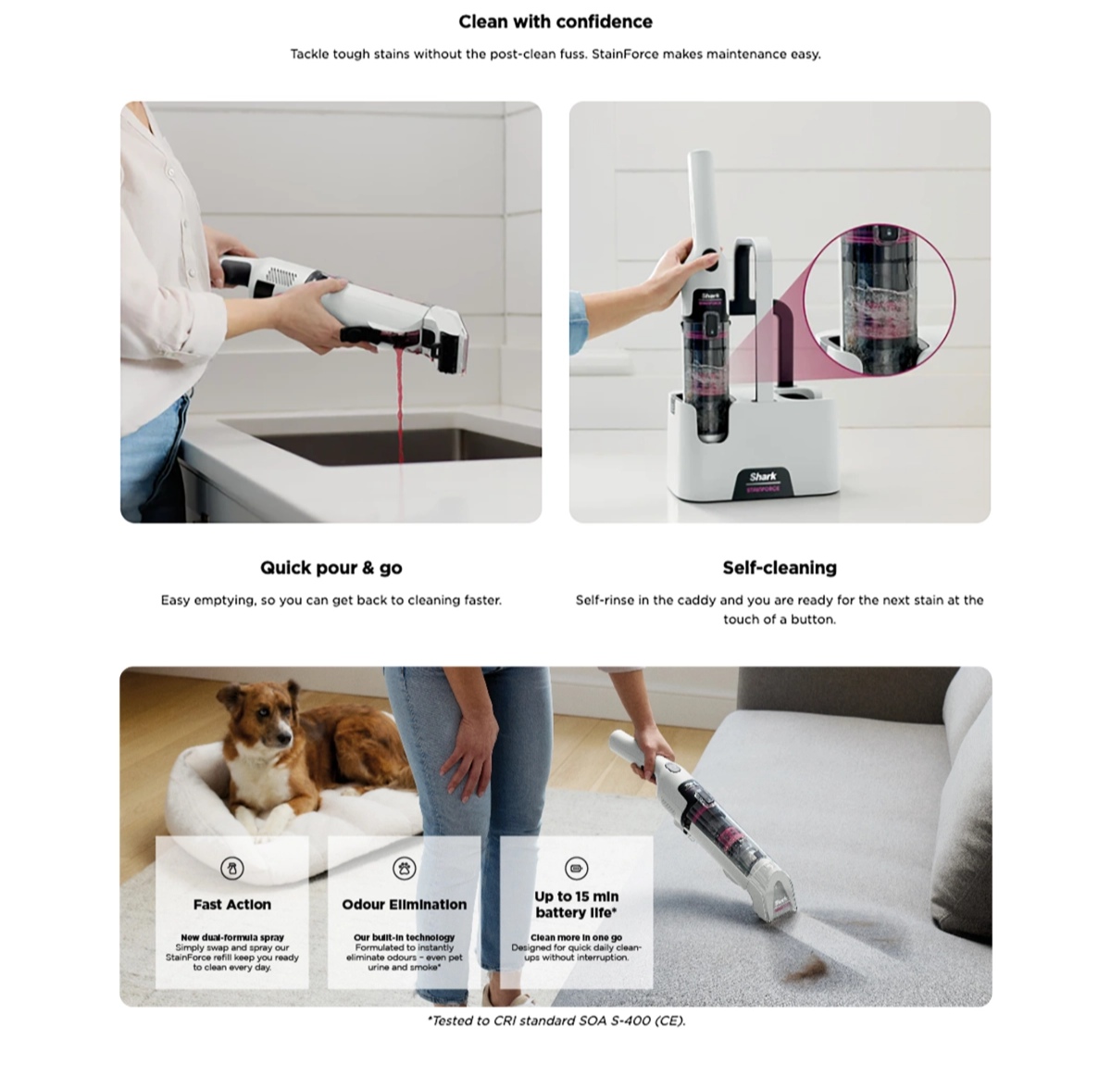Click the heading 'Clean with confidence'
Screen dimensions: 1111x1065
[555, 21]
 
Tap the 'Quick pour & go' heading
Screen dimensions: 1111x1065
[331, 568]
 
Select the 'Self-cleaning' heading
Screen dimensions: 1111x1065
[780, 568]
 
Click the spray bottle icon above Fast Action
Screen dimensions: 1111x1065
[231, 869]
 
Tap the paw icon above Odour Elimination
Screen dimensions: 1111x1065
[405, 869]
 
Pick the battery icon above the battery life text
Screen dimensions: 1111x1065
[576, 869]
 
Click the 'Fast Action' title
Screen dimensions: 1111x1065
[231, 905]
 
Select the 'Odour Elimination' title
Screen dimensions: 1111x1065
[405, 905]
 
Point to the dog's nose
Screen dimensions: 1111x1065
[283, 741]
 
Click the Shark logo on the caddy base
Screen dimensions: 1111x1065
[763, 476]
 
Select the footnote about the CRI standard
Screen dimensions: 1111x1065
[556, 1021]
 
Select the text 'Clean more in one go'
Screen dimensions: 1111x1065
[576, 937]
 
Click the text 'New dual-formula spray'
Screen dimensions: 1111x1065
[231, 937]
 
